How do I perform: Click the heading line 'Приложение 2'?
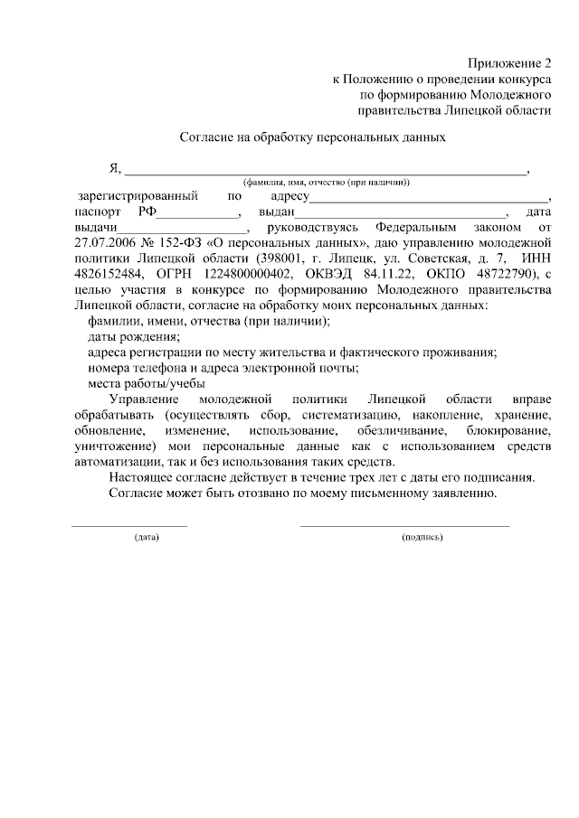(509, 63)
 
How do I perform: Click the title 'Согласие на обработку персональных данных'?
(311, 138)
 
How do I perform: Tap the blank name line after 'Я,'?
(325, 170)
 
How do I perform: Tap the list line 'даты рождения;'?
(134, 335)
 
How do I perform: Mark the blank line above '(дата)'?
(129, 525)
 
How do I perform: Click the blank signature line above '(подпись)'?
(404, 525)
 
